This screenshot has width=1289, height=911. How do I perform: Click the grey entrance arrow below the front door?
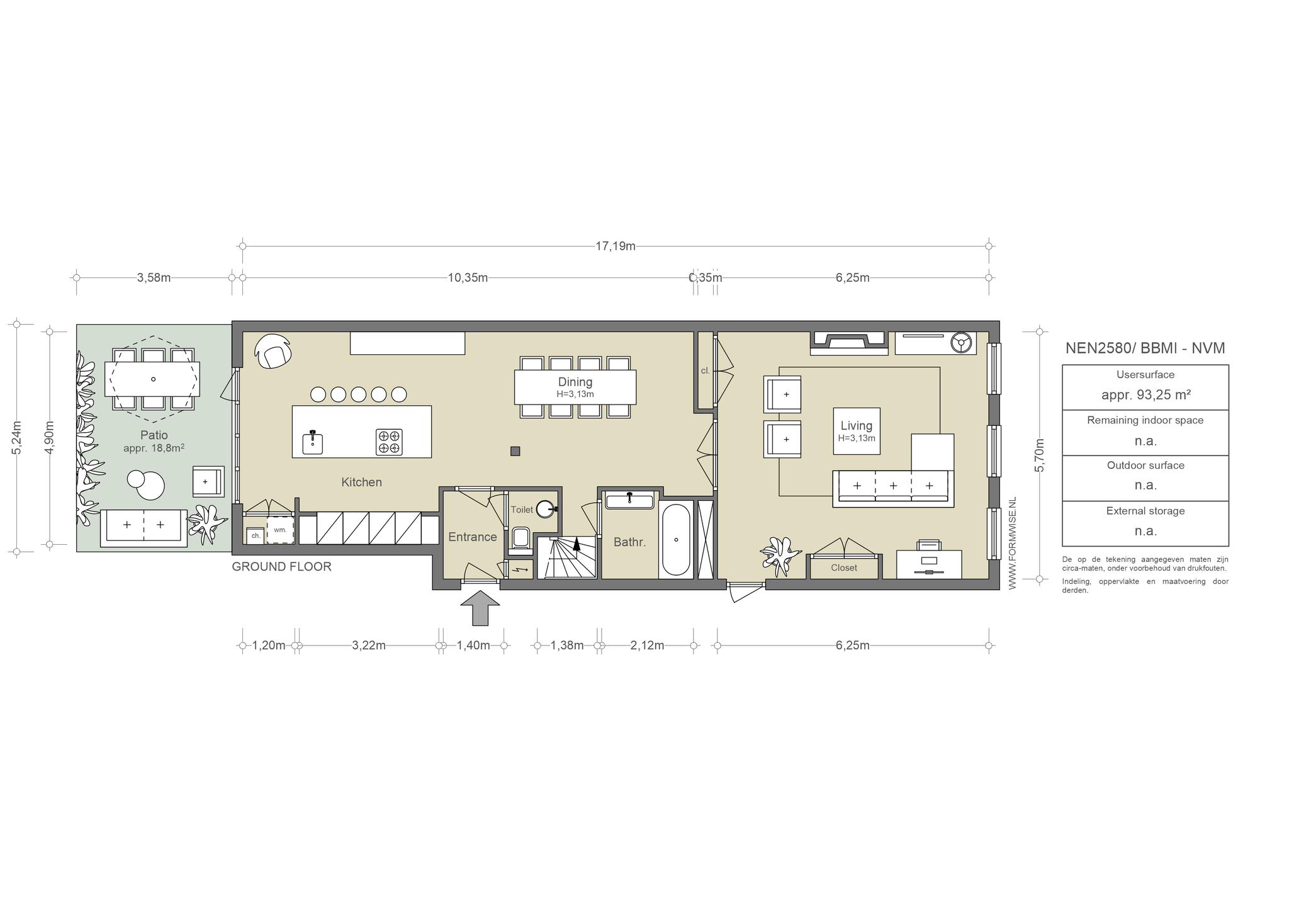480,608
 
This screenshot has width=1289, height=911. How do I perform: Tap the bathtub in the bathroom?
676,539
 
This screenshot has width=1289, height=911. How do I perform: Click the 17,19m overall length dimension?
616,246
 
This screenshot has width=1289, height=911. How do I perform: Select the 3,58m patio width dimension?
154,277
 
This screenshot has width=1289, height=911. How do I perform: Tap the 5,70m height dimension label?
1039,454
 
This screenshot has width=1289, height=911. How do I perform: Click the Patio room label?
154,435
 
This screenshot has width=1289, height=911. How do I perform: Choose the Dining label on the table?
575,382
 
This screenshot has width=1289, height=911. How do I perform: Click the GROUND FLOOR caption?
281,566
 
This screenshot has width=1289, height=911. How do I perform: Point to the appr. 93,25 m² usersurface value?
1145,394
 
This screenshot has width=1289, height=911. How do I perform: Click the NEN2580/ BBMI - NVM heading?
1145,348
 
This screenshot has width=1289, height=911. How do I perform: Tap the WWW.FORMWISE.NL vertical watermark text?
1012,543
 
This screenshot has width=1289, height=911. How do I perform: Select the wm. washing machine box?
280,530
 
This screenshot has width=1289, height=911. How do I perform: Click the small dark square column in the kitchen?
515,451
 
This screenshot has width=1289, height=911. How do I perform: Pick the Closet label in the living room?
844,567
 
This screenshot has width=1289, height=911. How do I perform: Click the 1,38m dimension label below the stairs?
567,646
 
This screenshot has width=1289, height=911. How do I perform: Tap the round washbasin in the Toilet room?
546,509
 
